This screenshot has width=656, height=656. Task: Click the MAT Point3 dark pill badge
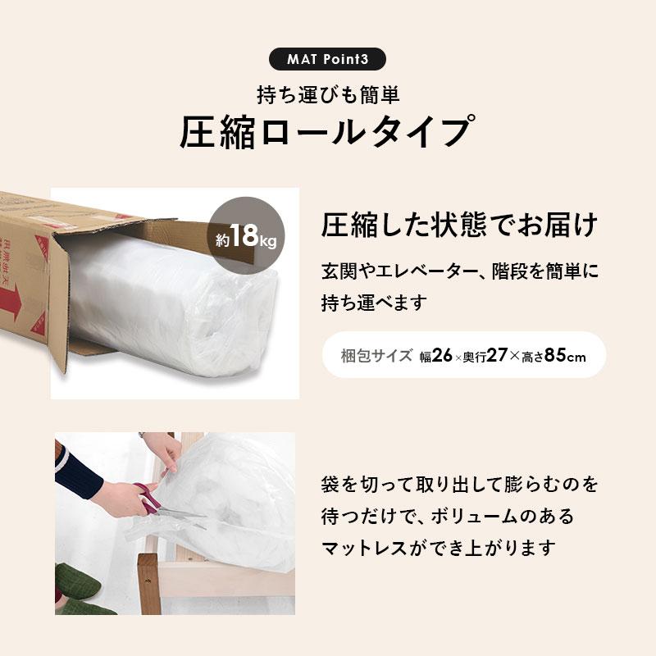[327, 60]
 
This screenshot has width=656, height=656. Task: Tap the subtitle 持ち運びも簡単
[328, 95]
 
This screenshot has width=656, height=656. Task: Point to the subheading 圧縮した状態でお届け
[458, 224]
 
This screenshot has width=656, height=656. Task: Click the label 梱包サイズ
[376, 357]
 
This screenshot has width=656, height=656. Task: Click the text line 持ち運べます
[374, 303]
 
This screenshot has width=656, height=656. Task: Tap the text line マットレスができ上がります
[438, 548]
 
